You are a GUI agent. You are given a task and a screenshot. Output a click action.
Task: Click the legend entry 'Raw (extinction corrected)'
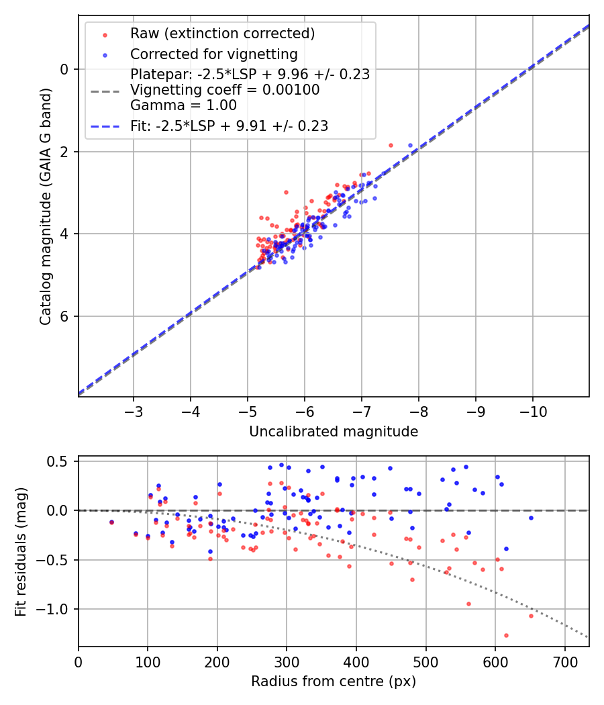222,34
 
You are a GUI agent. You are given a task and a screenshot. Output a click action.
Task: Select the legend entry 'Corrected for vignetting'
213,54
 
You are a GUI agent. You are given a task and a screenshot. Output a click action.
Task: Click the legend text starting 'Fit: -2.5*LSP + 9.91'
229,126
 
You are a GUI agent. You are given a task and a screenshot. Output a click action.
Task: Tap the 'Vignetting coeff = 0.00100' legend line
225,90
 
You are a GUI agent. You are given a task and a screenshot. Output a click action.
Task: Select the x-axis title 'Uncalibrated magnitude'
334,432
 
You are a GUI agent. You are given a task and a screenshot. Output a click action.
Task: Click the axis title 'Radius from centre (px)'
334,681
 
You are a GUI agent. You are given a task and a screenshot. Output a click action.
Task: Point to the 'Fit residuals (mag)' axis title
21,551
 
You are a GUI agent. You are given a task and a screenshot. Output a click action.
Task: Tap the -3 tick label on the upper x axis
133,410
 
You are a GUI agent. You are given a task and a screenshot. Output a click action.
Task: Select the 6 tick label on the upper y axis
65,316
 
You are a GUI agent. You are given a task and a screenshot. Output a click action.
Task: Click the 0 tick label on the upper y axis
65,69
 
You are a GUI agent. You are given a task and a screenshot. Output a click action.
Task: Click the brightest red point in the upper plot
391,145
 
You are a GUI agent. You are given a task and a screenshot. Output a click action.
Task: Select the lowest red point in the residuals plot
506,635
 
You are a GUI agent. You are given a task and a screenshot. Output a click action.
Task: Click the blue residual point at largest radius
531,518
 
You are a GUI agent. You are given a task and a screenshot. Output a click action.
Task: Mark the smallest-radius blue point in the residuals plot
111,522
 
